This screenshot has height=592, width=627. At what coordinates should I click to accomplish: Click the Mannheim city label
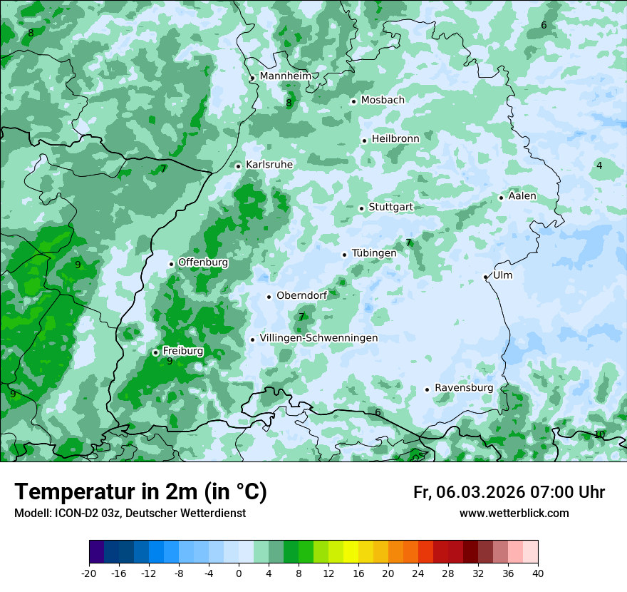coord(285,76)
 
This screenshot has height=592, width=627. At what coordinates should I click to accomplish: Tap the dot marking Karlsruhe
coord(239,166)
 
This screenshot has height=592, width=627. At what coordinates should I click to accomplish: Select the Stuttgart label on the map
coord(390,208)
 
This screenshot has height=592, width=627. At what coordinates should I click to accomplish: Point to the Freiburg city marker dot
coord(155,352)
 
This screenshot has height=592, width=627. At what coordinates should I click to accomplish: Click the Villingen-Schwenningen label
coord(318,338)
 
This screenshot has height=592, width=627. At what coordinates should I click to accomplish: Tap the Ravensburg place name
coord(463,388)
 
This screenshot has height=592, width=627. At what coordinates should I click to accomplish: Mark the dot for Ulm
coord(486,277)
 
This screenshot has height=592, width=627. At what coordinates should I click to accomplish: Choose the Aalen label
coord(522,196)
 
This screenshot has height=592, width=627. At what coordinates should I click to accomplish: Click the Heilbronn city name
coord(395,139)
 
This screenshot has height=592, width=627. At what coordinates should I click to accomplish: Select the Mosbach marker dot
coord(353,101)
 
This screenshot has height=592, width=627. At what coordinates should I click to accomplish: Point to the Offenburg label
coord(203,262)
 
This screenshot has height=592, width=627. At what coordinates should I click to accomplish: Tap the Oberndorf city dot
coord(269,297)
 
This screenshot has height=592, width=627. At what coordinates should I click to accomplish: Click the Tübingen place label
coord(374,253)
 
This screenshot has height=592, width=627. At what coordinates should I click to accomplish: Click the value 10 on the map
coord(599,434)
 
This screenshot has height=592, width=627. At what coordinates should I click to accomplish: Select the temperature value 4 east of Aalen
coord(599,165)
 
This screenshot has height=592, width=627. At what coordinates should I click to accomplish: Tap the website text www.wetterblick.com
coord(514,514)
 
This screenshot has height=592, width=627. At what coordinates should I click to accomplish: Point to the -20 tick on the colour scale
coord(89,573)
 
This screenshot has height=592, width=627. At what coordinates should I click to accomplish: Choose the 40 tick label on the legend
coord(538,573)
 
